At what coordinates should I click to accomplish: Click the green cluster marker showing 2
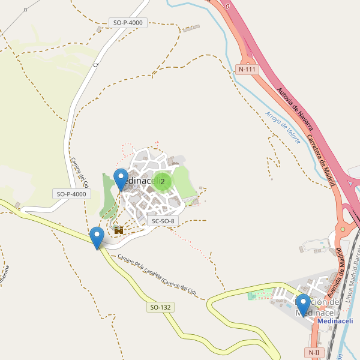coord(162,181)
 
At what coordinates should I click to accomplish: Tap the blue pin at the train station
coord(303,305)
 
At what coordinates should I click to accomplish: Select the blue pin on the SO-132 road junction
coord(97,238)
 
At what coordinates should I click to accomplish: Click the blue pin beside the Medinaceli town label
coord(121,179)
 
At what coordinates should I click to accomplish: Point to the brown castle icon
coord(118,229)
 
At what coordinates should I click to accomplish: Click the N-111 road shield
coord(247,69)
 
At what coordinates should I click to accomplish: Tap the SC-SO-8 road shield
coord(163,221)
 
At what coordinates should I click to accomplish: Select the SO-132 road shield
coord(160,307)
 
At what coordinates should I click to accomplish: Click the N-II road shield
coord(314,352)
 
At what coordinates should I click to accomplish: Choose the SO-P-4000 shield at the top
coord(128,23)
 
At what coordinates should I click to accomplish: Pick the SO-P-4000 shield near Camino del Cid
coord(72,194)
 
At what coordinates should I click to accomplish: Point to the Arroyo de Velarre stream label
coord(283,127)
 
